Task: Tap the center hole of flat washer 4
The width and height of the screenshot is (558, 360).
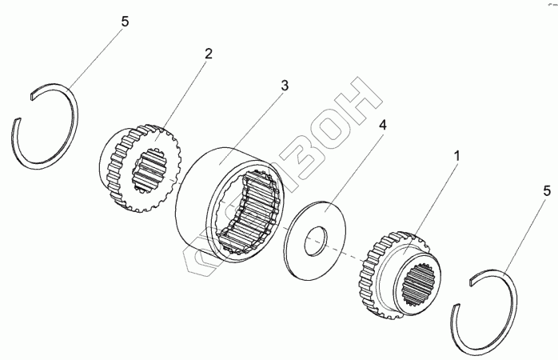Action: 317,238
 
